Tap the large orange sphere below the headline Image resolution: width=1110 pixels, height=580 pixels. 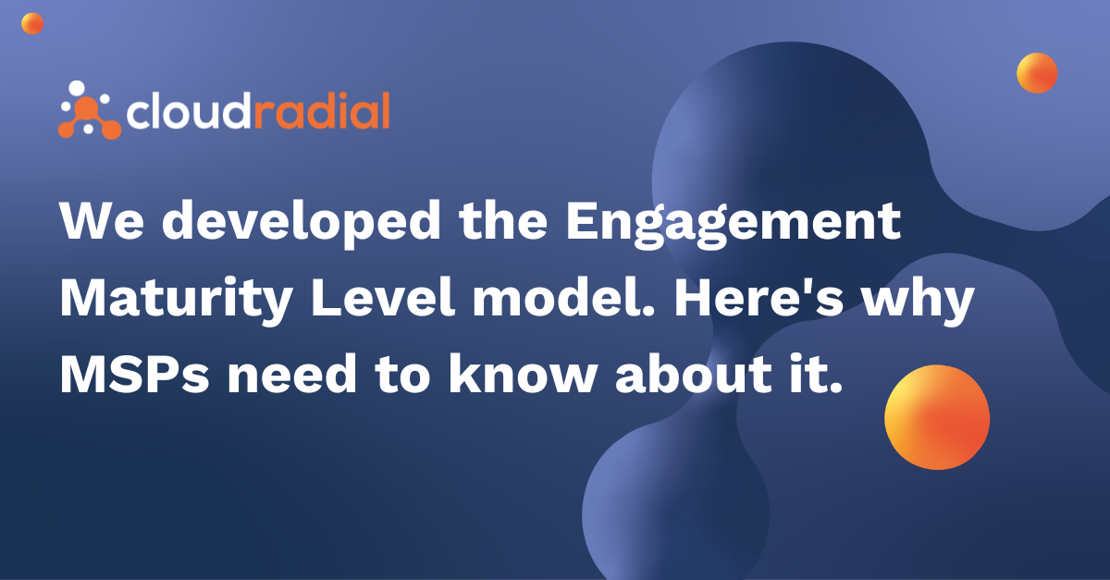(x=937, y=417)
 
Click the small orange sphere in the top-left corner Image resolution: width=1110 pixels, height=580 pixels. (x=32, y=24)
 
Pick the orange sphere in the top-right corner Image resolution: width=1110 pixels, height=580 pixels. (x=1037, y=72)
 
